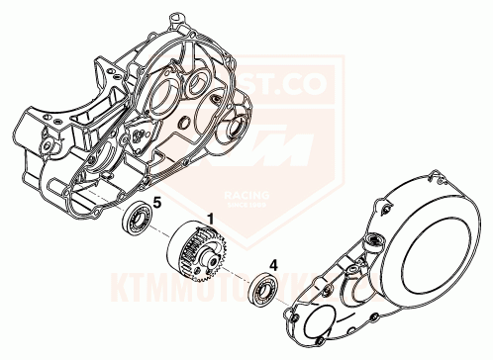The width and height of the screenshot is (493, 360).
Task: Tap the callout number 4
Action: coord(274,264)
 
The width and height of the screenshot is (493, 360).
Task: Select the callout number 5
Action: coord(155,204)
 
